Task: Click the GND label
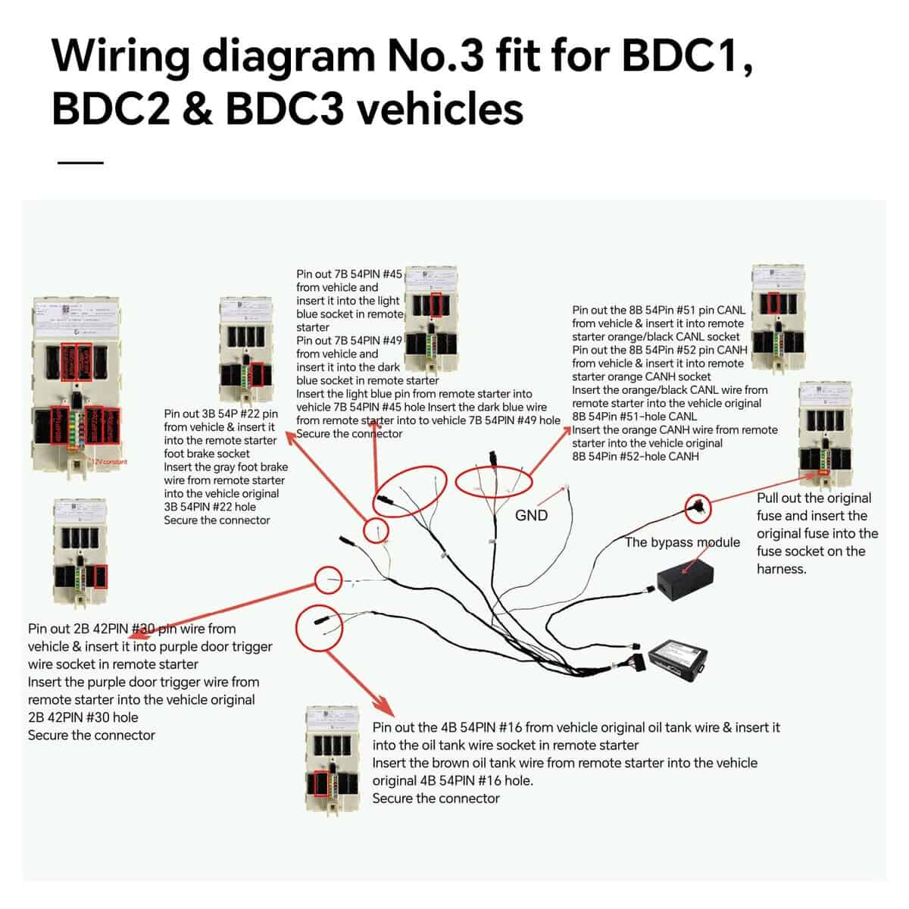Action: [x=531, y=515]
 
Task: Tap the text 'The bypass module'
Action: [x=682, y=542]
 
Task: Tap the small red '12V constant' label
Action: [x=111, y=461]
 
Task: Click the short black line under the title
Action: [x=80, y=162]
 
